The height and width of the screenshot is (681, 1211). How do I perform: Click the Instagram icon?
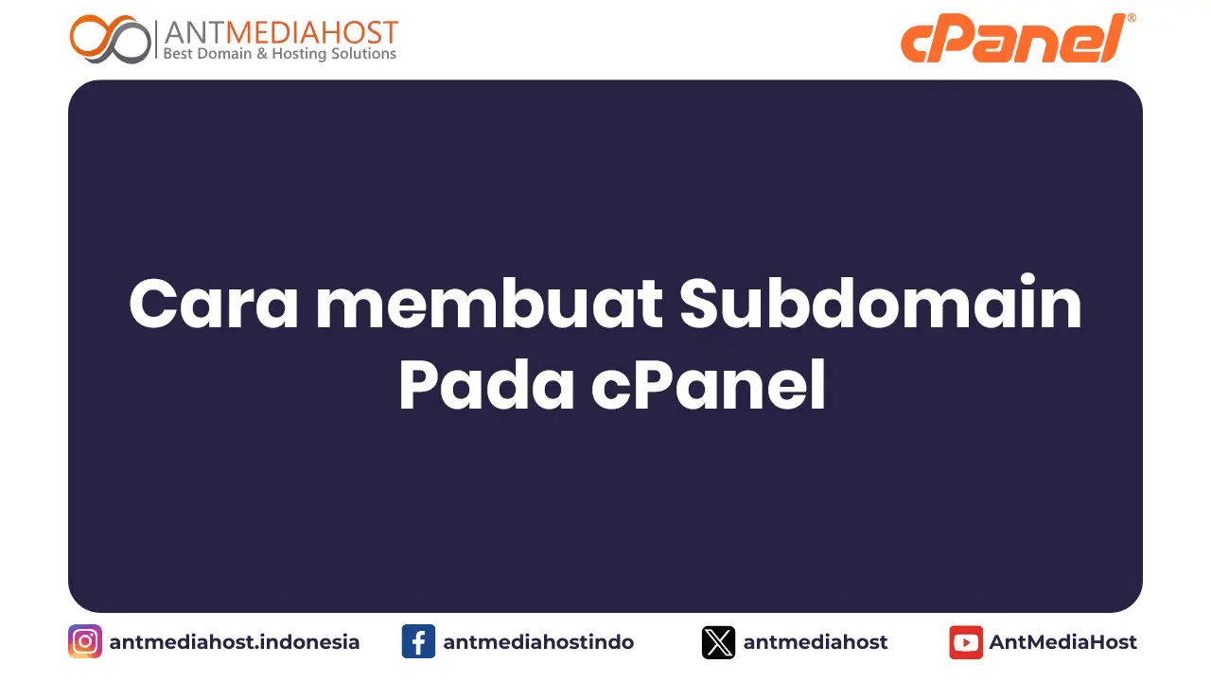[85, 642]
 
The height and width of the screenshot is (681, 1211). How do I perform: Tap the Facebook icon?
[418, 642]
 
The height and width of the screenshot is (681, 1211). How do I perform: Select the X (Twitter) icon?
[719, 642]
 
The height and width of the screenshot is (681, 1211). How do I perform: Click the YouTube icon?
[966, 642]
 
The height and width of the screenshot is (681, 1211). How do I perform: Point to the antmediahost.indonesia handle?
[235, 642]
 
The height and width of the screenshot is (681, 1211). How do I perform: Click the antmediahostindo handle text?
[538, 642]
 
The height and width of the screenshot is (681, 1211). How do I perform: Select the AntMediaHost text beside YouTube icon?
[1063, 642]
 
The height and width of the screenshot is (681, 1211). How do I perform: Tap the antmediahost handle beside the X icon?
[816, 642]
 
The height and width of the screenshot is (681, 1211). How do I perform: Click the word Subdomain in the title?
[881, 305]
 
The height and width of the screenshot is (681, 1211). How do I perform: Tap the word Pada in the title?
[486, 386]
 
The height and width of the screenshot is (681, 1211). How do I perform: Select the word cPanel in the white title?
[709, 386]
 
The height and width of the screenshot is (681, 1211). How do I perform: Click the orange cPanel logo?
[1012, 40]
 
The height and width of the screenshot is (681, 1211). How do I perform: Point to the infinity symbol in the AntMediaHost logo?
[111, 39]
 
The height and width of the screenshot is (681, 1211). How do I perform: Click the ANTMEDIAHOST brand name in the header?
[281, 32]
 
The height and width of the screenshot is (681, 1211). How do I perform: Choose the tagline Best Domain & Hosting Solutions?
[280, 54]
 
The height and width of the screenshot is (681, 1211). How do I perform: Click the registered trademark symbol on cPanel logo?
[1132, 18]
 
